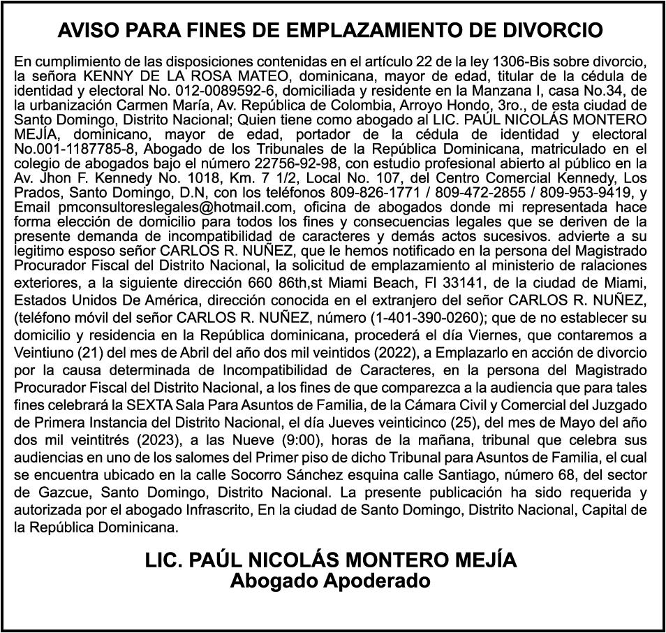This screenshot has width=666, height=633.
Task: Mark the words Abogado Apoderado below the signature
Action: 330,580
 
